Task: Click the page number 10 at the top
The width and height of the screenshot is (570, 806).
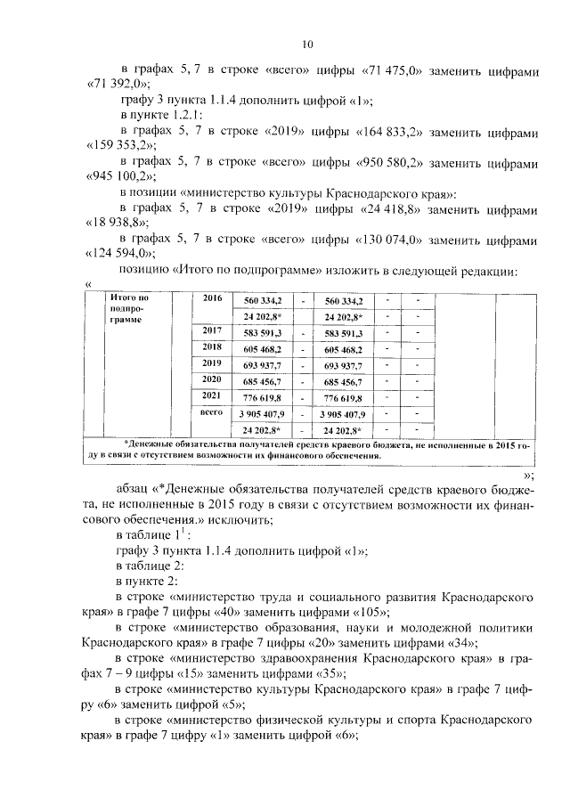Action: point(307,42)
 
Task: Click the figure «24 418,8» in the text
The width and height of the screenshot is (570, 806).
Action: point(388,211)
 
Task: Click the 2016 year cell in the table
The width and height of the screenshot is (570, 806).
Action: point(212,299)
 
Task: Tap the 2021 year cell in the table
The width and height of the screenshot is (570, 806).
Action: point(212,395)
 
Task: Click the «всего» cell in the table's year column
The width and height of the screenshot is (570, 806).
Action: point(212,413)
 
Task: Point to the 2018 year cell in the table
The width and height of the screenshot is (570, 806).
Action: point(212,347)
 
